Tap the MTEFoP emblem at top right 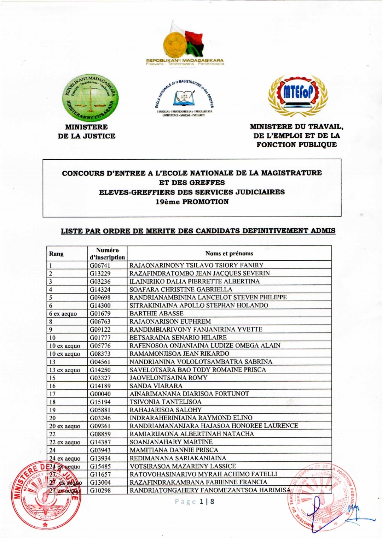[297, 93]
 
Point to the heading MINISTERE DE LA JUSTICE [87, 131]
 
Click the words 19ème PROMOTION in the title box [192, 202]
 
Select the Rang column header [57, 254]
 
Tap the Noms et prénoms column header [229, 253]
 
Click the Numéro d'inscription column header [107, 254]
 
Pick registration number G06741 [100, 265]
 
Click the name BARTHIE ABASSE [156, 313]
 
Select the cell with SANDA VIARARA [156, 386]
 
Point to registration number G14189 [100, 386]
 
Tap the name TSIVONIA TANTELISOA [165, 402]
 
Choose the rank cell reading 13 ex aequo [65, 370]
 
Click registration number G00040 [100, 394]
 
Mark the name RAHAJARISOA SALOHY [166, 410]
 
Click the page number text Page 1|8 [195, 502]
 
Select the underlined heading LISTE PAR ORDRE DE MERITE [198, 231]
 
